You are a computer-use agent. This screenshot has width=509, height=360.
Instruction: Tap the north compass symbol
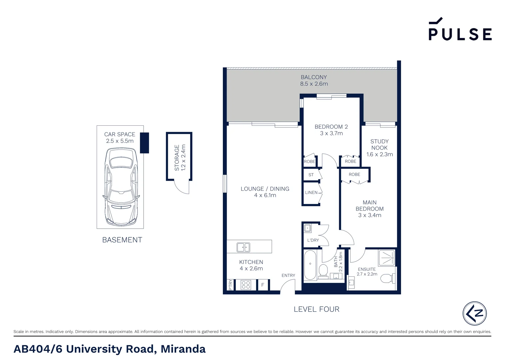click(474, 313)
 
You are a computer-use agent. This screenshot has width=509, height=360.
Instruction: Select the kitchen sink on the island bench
click(243, 247)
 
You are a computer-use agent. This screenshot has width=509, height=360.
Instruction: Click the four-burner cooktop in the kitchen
click(246, 285)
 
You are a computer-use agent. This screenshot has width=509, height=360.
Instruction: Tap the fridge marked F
click(263, 285)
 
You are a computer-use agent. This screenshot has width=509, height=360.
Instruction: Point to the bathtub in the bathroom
click(310, 265)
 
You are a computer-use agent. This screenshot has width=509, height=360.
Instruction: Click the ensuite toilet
click(387, 278)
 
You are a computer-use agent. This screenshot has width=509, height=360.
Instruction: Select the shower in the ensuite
click(386, 258)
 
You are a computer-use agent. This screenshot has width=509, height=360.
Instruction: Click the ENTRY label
click(288, 275)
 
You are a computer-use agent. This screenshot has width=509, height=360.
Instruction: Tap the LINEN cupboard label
click(311, 192)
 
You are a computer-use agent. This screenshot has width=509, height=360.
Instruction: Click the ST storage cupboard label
click(311, 175)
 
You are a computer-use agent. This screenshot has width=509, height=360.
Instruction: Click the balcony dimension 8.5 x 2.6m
click(314, 84)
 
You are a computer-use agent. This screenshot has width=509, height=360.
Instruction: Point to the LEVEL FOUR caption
click(316, 309)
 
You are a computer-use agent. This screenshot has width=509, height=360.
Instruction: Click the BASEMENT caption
click(122, 240)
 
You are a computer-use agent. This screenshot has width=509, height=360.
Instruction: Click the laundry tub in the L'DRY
click(307, 228)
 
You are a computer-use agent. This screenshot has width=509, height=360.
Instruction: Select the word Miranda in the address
click(183, 349)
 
